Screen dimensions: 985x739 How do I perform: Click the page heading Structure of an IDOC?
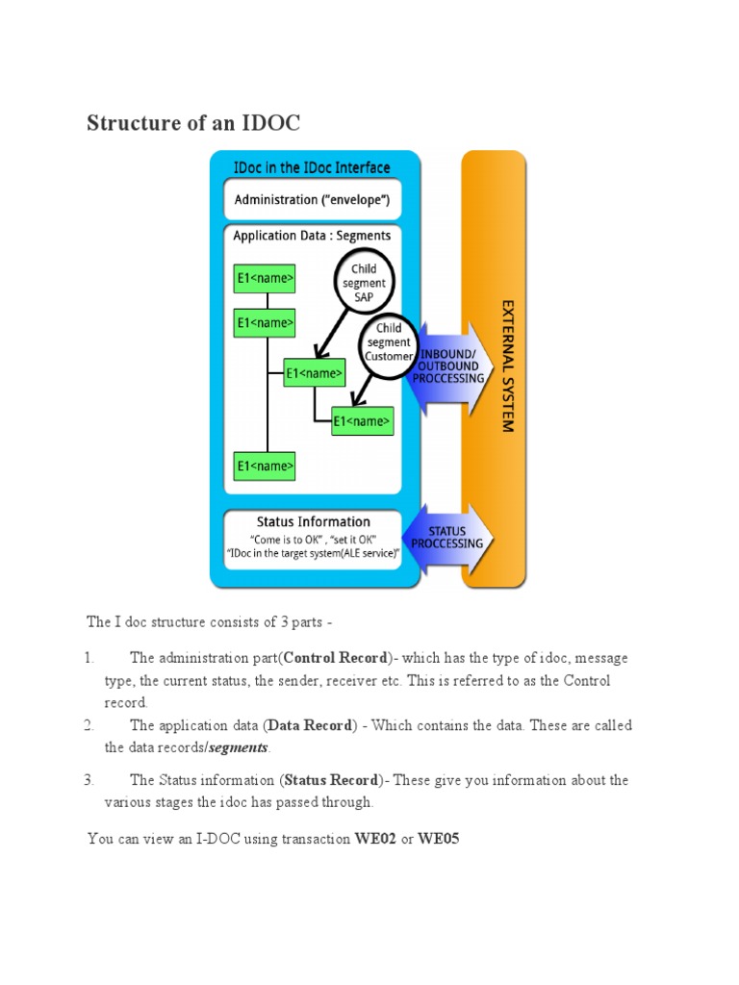(193, 123)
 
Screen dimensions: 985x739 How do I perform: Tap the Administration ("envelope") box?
(313, 200)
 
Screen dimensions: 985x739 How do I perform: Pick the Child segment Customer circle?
(389, 342)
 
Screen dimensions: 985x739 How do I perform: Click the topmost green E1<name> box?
(265, 279)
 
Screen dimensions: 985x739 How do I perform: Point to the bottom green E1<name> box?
(265, 467)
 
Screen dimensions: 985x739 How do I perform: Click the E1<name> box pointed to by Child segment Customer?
(362, 420)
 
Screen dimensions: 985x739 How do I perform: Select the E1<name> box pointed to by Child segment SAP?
(314, 372)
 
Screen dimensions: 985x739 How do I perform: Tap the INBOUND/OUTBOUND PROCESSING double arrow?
(448, 366)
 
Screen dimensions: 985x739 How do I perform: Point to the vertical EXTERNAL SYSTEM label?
(508, 365)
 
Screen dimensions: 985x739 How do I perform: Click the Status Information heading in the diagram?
(313, 522)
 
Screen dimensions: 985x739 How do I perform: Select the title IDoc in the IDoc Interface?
(313, 167)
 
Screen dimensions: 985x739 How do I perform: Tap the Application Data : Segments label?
(313, 235)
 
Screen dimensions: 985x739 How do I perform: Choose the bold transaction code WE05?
(438, 839)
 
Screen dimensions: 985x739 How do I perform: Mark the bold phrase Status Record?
(331, 780)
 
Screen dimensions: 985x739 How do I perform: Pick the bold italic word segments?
(240, 747)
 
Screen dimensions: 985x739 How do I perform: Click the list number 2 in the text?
(88, 725)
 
